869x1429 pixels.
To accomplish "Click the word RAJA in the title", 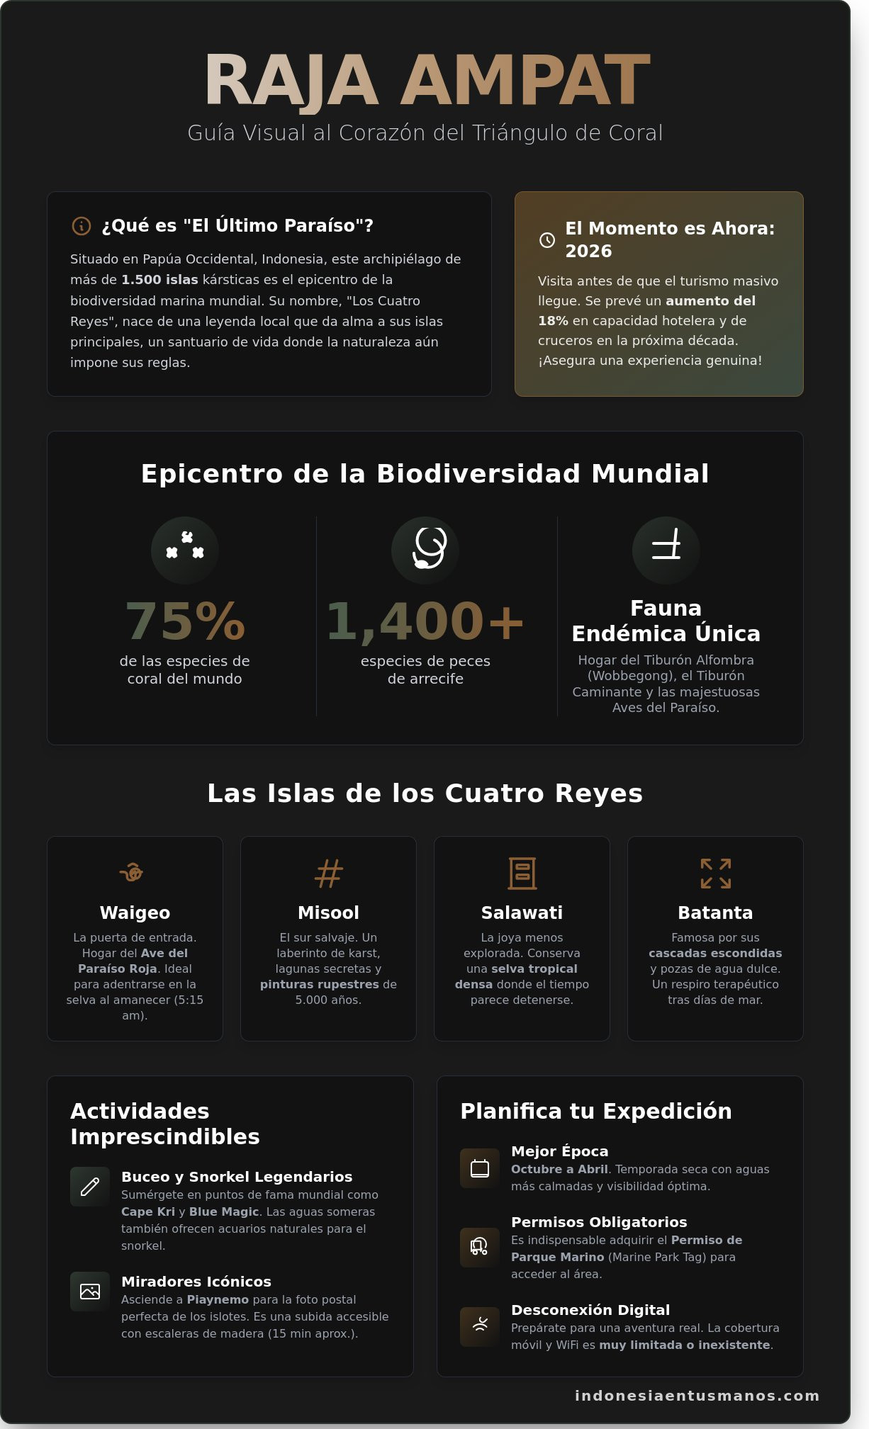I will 291,81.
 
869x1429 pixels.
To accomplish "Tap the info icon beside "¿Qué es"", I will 82,226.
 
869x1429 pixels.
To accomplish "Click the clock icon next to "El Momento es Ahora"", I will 547,240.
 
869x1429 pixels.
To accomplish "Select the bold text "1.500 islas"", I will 159,280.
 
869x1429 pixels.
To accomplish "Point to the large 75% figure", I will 185,621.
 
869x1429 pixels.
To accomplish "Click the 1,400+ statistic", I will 425,621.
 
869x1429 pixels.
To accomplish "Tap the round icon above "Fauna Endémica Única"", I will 666,550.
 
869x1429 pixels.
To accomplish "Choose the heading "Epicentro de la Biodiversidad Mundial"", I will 425,474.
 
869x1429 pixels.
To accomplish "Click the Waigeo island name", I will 135,913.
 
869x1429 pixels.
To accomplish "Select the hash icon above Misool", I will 328,874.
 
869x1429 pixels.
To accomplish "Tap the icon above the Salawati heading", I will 522,874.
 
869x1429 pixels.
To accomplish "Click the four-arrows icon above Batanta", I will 715,874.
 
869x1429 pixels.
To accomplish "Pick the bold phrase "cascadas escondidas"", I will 715,954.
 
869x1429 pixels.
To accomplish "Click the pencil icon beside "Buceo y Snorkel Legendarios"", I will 90,1187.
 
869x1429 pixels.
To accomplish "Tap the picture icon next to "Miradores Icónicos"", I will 90,1292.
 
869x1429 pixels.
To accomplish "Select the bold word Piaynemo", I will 218,1300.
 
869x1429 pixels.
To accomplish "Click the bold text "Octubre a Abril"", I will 559,1170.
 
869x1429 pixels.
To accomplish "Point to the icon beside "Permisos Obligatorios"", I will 480,1248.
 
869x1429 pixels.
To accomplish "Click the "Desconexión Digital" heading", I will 590,1310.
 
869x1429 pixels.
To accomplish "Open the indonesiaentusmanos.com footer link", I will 697,1396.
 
